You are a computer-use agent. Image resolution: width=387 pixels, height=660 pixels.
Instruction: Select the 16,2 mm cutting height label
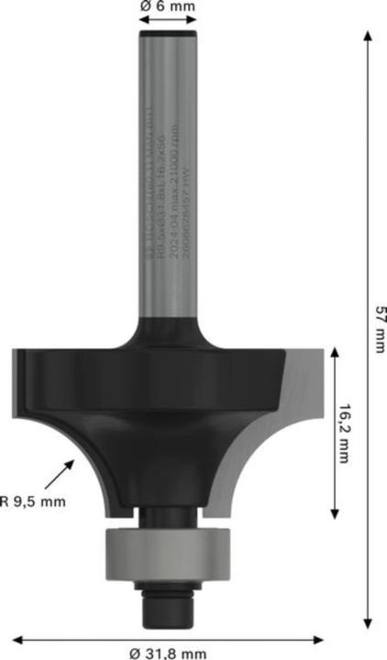coord(345,433)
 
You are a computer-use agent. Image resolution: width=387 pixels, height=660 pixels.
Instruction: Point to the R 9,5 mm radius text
coord(33,500)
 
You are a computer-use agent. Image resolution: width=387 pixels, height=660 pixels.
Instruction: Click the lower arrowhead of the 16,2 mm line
coord(337,511)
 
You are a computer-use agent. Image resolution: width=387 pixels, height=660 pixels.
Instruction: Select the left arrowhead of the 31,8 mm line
coord(16,637)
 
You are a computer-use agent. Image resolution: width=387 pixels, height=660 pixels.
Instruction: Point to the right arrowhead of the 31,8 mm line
coord(321,637)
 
